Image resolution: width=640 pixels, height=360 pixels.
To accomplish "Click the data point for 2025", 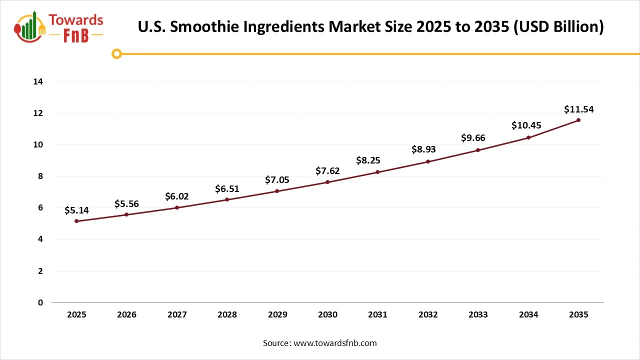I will pyautogui.click(x=76, y=221).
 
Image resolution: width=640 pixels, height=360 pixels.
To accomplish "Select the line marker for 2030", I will pyautogui.click(x=327, y=182).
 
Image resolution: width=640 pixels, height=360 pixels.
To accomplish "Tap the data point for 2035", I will pyautogui.click(x=578, y=120).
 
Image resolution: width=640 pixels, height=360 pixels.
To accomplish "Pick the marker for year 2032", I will pyautogui.click(x=428, y=161).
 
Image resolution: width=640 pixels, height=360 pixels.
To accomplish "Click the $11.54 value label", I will pyautogui.click(x=578, y=109).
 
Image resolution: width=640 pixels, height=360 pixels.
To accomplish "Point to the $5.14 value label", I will pyautogui.click(x=76, y=210).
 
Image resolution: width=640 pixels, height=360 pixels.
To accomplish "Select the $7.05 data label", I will pyautogui.click(x=277, y=180).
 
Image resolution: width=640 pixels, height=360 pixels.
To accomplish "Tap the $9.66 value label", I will pyautogui.click(x=473, y=138).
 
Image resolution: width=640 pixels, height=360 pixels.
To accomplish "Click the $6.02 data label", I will pyautogui.click(x=177, y=196).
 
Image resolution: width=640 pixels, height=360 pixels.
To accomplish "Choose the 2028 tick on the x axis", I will pyautogui.click(x=227, y=315).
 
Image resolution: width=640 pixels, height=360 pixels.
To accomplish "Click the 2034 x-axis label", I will pyautogui.click(x=528, y=315).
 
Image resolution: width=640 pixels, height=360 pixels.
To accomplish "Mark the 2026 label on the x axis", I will pyautogui.click(x=126, y=315).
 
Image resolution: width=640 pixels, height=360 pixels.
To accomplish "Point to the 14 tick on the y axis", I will pyautogui.click(x=37, y=81).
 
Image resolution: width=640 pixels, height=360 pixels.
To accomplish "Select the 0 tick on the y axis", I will pyautogui.click(x=40, y=302).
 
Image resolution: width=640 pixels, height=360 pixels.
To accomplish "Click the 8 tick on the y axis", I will pyautogui.click(x=40, y=176).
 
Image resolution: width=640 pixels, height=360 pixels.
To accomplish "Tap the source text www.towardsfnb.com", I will pyautogui.click(x=334, y=343).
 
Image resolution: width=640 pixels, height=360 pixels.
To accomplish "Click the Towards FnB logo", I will pyautogui.click(x=59, y=27).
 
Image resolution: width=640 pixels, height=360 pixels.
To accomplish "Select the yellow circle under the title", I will pyautogui.click(x=116, y=53).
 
